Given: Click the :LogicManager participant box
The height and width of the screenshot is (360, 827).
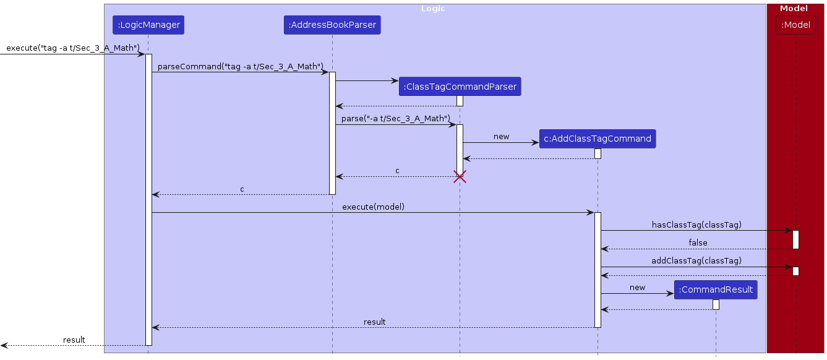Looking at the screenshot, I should point(148,25).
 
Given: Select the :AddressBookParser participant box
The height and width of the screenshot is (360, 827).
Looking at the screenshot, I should point(332,25).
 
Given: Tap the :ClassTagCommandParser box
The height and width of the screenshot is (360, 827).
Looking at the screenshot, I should point(460,87).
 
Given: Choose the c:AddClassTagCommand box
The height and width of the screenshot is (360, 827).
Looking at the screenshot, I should point(597,139).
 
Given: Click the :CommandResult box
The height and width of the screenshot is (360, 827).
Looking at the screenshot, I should point(715,289).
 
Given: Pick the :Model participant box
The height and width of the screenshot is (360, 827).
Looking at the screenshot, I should point(795,25).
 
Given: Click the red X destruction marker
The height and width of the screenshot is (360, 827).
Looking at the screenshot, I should point(460,178).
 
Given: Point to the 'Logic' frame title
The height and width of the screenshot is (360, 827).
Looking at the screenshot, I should point(433,9).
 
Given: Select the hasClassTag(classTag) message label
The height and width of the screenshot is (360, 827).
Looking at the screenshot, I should point(696,225).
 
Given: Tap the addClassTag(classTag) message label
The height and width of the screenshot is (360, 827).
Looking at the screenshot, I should point(696,261).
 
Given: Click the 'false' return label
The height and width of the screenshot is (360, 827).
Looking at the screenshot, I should point(698,243).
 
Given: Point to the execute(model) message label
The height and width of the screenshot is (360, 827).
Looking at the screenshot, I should point(373,207).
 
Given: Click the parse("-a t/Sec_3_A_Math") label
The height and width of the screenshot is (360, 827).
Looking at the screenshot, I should point(395,118).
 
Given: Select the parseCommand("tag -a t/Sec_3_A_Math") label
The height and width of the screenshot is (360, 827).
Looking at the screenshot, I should point(241,66).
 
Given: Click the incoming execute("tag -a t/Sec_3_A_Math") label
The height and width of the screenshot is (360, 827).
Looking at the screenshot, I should point(73,48).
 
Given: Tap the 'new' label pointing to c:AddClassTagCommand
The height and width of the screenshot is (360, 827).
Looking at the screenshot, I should point(501,137).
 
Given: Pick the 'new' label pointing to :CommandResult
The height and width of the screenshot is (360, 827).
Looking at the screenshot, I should point(637,288).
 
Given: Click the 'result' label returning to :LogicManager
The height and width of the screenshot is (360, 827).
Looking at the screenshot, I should point(374,322).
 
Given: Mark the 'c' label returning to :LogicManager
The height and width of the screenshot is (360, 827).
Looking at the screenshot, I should point(242,189).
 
